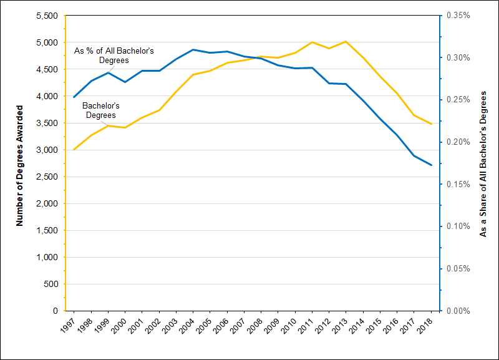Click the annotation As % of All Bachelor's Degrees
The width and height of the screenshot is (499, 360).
pyautogui.click(x=114, y=55)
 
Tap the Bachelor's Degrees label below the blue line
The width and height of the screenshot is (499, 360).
pyautogui.click(x=100, y=110)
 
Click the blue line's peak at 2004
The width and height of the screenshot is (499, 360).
pyautogui.click(x=193, y=49)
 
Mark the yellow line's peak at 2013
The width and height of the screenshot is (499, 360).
pyautogui.click(x=346, y=42)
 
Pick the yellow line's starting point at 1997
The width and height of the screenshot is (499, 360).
pyautogui.click(x=74, y=150)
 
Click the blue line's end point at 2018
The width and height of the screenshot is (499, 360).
pyautogui.click(x=431, y=165)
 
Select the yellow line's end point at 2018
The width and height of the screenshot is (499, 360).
pyautogui.click(x=431, y=124)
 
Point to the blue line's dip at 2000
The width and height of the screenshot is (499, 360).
pyautogui.click(x=125, y=82)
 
